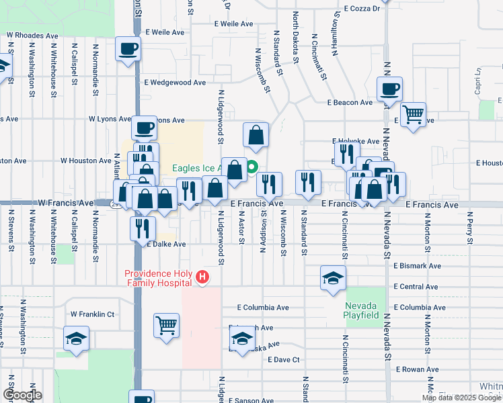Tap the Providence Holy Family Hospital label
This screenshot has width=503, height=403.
tap(158, 277)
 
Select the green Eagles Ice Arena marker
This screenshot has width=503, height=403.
tap(252, 168)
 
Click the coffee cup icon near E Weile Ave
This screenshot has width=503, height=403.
tap(128, 48)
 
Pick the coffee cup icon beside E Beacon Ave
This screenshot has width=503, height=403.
tap(390, 89)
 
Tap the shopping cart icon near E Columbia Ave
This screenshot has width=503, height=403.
tap(166, 326)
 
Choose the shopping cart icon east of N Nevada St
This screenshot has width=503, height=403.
tap(412, 114)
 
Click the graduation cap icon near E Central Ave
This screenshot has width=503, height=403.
tap(333, 278)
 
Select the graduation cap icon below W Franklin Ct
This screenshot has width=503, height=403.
tap(77, 338)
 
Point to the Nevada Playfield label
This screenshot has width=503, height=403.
tap(358, 310)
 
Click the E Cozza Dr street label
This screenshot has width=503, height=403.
tap(361, 9)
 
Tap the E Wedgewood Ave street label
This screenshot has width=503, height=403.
tap(175, 83)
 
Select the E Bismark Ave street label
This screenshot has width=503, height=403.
tap(417, 266)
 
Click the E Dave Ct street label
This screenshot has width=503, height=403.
tap(283, 360)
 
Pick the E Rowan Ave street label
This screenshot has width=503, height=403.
tap(417, 369)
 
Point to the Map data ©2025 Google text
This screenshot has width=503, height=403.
tap(461, 398)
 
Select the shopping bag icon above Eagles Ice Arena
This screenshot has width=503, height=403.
tap(256, 135)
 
